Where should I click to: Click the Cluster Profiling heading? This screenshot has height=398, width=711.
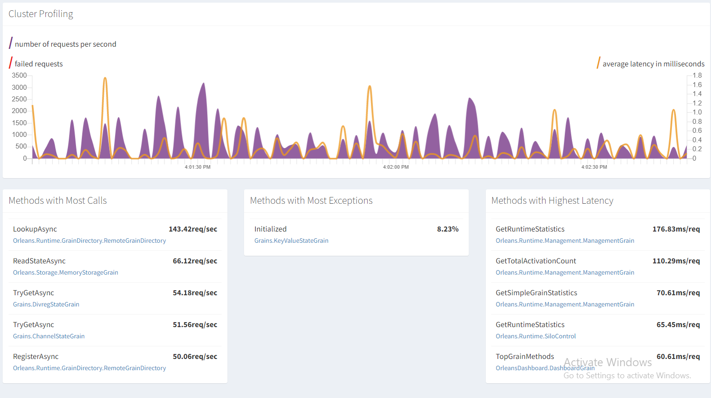(40, 14)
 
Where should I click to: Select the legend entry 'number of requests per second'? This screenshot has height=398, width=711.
(65, 44)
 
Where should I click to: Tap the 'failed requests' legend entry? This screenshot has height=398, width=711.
(39, 64)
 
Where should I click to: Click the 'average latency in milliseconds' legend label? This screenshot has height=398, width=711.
(653, 64)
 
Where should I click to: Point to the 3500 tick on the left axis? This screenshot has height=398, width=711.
(19, 75)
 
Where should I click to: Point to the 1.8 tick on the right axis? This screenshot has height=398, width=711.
(697, 75)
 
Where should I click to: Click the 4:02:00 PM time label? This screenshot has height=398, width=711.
(395, 167)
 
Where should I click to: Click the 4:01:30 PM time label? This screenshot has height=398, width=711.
(197, 167)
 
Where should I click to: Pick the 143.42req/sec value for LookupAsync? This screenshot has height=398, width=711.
(193, 229)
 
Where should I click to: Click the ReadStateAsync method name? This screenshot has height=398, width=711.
(39, 261)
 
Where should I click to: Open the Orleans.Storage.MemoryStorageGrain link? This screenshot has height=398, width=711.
(66, 272)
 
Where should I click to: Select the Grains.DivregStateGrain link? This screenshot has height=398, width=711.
(46, 304)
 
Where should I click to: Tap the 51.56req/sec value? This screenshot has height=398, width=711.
(195, 324)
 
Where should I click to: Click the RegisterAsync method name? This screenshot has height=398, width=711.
(36, 356)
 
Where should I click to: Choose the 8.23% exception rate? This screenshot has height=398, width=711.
(448, 229)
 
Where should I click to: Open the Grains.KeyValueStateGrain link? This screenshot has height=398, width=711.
(291, 241)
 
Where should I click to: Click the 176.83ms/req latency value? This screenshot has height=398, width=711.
(676, 229)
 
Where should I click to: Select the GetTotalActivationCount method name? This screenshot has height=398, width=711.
(536, 261)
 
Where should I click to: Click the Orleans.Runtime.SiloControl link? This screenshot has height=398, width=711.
(535, 336)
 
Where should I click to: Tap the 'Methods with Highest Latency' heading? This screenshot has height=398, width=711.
(552, 201)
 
